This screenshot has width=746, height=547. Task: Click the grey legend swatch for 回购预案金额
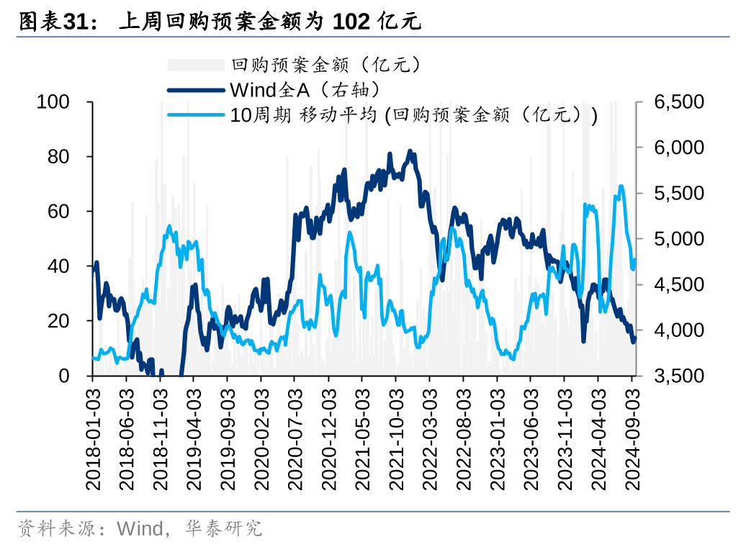click(196, 65)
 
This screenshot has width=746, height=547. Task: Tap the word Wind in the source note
click(140, 530)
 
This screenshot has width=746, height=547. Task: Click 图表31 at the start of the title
click(48, 22)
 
